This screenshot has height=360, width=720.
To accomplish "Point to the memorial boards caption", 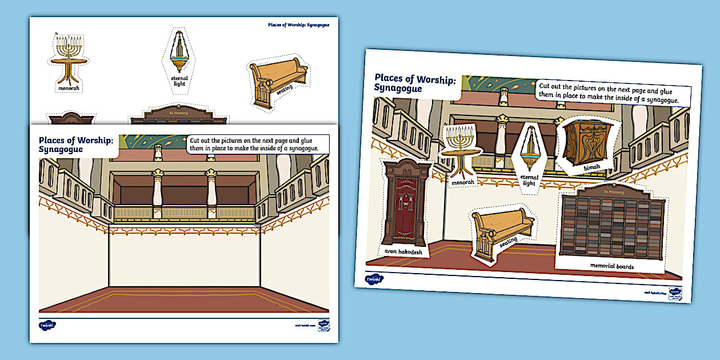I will click(611, 266).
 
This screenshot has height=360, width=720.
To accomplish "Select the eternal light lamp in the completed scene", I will click(531, 148).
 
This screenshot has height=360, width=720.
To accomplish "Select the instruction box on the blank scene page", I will click(259, 144).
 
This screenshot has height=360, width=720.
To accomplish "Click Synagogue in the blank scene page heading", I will click(61, 150).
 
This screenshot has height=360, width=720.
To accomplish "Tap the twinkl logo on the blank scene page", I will click(47, 325).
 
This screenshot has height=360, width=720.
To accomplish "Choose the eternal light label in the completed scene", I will click(529, 180).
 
